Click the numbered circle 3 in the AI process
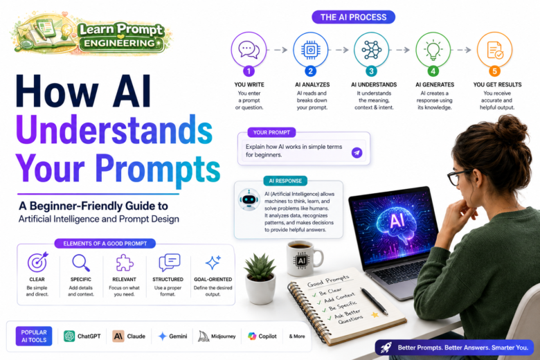pos(371,71)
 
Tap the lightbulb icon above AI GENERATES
pos(433,50)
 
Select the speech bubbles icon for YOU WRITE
pos(249,50)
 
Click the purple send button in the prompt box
pos(357,152)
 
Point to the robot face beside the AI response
pos(249,199)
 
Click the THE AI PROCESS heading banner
pos(353,17)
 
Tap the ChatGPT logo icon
pos(69,336)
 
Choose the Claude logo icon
pos(118,336)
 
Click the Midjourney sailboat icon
pos(204,336)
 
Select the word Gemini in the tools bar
pos(178,336)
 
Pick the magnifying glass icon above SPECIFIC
pos(81,263)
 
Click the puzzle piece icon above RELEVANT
pos(125,263)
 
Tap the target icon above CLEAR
pos(37,262)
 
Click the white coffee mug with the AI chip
pos(304,258)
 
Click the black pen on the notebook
pos(375,300)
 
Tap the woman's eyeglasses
pos(458,177)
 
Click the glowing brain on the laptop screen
pos(396,221)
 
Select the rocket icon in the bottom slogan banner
pos(386,348)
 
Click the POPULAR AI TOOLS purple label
pos(34,336)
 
